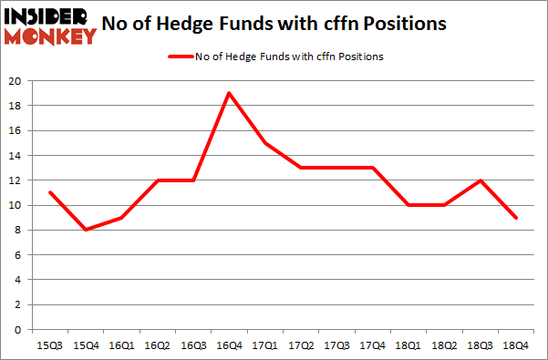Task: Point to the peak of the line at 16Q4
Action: coord(227,93)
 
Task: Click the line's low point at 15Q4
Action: coord(85,230)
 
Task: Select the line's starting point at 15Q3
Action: coord(49,192)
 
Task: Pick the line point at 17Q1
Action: coord(263,143)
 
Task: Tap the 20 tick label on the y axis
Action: coord(15,81)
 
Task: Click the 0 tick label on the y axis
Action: coord(18,330)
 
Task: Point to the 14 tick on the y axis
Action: coord(15,156)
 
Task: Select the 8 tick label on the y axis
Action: coord(18,231)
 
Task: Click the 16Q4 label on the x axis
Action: coord(227,345)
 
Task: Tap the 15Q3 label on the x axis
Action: coord(49,345)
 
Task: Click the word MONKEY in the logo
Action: coord(50,36)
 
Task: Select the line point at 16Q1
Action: coord(120,218)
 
